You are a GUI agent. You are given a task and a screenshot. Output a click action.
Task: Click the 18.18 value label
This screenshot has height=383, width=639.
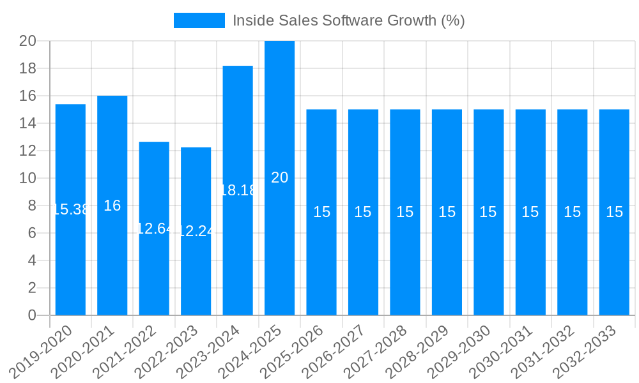pos(238,190)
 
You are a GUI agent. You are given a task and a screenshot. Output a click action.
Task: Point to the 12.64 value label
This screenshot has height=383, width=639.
pos(154,229)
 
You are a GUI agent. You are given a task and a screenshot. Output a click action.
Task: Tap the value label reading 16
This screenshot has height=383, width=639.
pos(112,206)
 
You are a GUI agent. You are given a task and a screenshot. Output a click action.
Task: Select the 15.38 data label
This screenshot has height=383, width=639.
pos(70,209)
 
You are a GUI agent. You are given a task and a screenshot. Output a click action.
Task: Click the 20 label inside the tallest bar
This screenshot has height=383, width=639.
pos(279,178)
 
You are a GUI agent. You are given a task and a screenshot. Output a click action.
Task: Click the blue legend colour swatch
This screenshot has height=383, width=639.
pos(199,20)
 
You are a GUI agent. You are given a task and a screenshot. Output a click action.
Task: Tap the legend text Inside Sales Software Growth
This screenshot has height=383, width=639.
pos(348,20)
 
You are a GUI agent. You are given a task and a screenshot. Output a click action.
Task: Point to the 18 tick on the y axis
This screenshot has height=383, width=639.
pos(27,68)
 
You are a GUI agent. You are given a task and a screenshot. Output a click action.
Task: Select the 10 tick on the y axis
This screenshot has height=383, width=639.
pos(27,178)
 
